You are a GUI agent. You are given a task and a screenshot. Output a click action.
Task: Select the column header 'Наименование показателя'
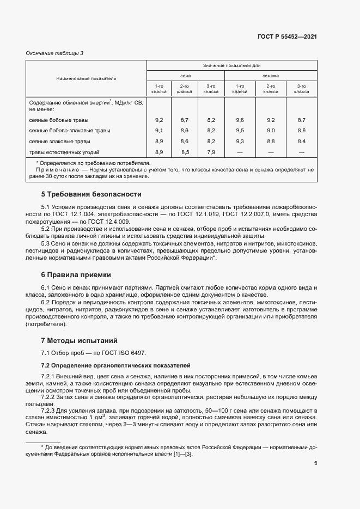pyautogui.click(x=86, y=79)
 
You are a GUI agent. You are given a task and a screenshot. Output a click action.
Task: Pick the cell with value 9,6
pyautogui.click(x=240, y=119)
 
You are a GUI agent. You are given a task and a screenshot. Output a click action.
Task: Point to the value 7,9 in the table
pyautogui.click(x=211, y=152)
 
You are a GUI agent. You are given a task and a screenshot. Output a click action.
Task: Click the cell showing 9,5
pyautogui.click(x=240, y=130)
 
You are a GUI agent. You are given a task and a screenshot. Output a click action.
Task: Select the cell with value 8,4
pyautogui.click(x=301, y=141)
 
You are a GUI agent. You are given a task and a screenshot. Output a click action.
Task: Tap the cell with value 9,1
pyautogui.click(x=159, y=130)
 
